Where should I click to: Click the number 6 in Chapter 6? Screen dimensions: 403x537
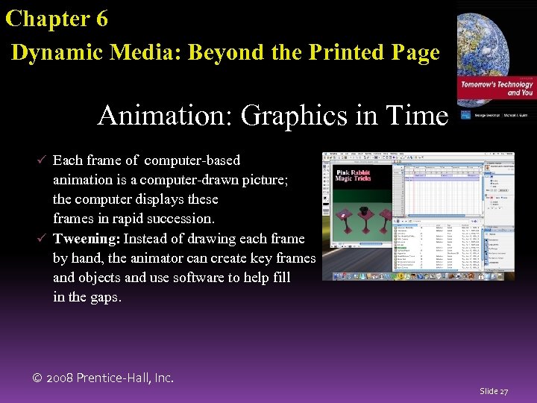(101, 19)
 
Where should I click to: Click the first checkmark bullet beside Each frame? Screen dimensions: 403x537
(43, 160)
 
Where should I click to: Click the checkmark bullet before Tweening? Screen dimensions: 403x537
(43, 239)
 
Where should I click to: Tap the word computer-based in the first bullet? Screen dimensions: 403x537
(192, 160)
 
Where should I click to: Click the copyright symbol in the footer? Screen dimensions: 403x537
(38, 378)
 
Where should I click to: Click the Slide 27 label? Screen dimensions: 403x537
(494, 391)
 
